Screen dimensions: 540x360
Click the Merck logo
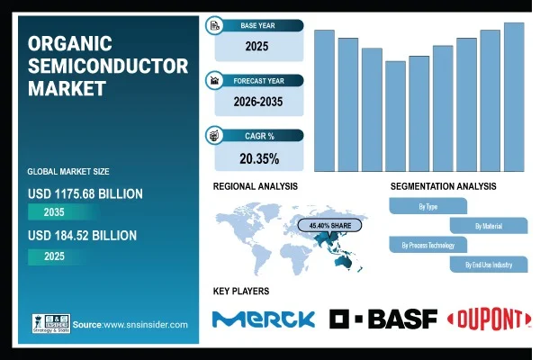click(264, 319)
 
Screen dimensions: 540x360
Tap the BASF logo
click(383, 319)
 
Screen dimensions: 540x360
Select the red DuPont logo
click(489, 319)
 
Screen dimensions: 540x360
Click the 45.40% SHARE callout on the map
click(329, 226)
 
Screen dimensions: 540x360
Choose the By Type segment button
click(428, 206)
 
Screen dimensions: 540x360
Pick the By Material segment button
click(489, 226)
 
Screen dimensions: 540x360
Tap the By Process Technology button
click(428, 245)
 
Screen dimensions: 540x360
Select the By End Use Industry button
click(489, 265)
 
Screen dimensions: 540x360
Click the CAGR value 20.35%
click(259, 158)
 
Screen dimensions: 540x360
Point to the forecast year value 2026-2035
click(258, 102)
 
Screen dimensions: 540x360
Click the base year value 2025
click(256, 46)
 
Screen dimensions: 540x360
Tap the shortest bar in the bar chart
click(395, 116)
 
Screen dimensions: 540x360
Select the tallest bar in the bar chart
click(514, 97)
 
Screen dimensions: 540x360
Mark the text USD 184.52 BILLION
click(82, 236)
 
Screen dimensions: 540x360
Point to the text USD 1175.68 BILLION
click(85, 194)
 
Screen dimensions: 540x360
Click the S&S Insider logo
click(51, 323)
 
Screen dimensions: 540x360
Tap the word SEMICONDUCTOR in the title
click(108, 66)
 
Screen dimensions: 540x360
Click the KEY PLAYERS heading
click(241, 291)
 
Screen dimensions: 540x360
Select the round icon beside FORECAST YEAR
click(214, 80)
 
